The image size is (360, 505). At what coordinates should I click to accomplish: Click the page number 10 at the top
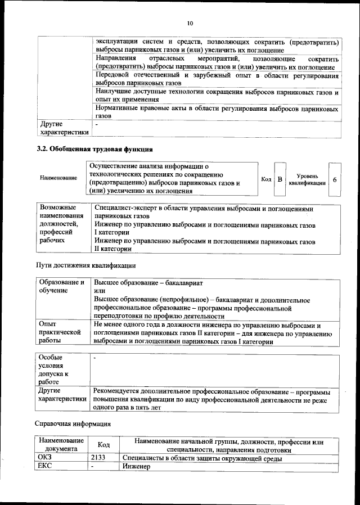coord(190,23)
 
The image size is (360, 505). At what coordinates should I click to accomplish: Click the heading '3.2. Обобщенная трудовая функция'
coord(94,149)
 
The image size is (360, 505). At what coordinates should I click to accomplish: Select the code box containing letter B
coord(280,179)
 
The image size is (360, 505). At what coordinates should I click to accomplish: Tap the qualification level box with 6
coord(335,179)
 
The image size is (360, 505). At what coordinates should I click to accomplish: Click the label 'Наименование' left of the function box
coord(58,178)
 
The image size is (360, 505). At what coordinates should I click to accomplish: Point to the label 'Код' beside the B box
coord(266,179)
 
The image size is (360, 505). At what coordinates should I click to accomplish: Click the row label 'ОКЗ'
coord(44,458)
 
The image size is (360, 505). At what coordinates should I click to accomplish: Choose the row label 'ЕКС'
coord(44,467)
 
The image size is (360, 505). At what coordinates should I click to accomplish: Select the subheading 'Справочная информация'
coord(73,423)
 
